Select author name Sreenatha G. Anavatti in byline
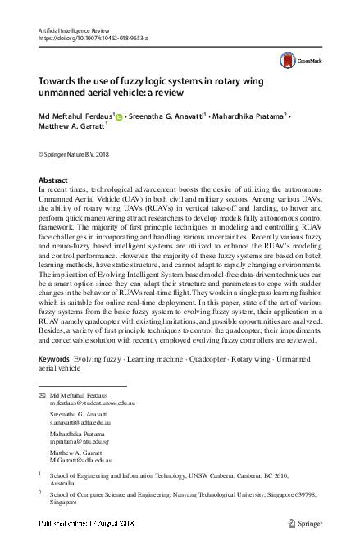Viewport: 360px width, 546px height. (x=169, y=116)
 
